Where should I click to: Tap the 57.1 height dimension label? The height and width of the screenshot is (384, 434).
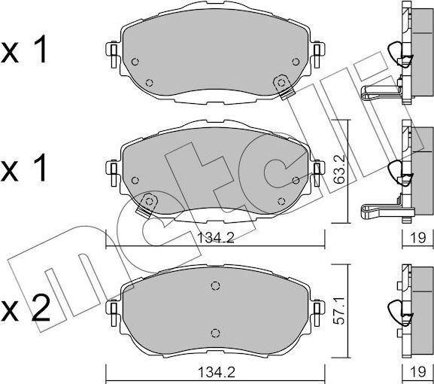click(x=339, y=309)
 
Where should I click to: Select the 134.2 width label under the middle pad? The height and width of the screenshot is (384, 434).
click(x=216, y=238)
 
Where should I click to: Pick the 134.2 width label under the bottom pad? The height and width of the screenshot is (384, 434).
click(x=216, y=373)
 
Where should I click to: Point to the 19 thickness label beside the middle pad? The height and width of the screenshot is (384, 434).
click(x=418, y=238)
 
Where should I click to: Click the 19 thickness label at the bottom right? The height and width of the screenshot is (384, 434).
click(x=418, y=372)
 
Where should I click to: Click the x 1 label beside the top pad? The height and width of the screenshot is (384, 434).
click(x=24, y=51)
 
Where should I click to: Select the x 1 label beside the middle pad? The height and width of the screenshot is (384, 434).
click(x=24, y=169)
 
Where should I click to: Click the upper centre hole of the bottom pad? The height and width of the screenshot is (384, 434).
click(x=215, y=285)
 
